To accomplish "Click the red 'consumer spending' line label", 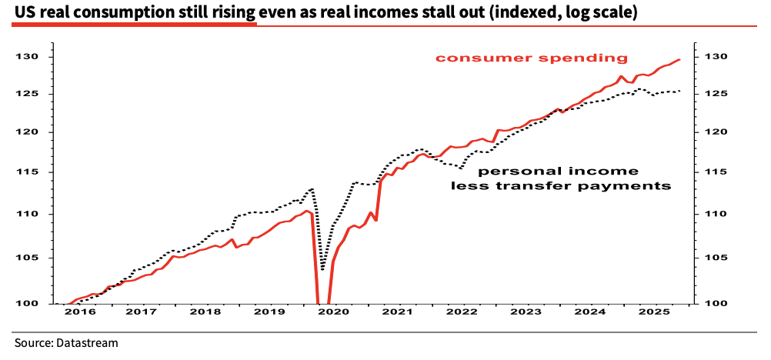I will pyautogui.click(x=532, y=58).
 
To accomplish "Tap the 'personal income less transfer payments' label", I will pyautogui.click(x=559, y=178).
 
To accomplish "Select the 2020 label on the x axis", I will pyautogui.click(x=334, y=312).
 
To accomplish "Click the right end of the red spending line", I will pyautogui.click(x=679, y=59).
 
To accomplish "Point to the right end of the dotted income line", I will pyautogui.click(x=679, y=92).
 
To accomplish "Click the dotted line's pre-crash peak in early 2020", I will pyautogui.click(x=312, y=188).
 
